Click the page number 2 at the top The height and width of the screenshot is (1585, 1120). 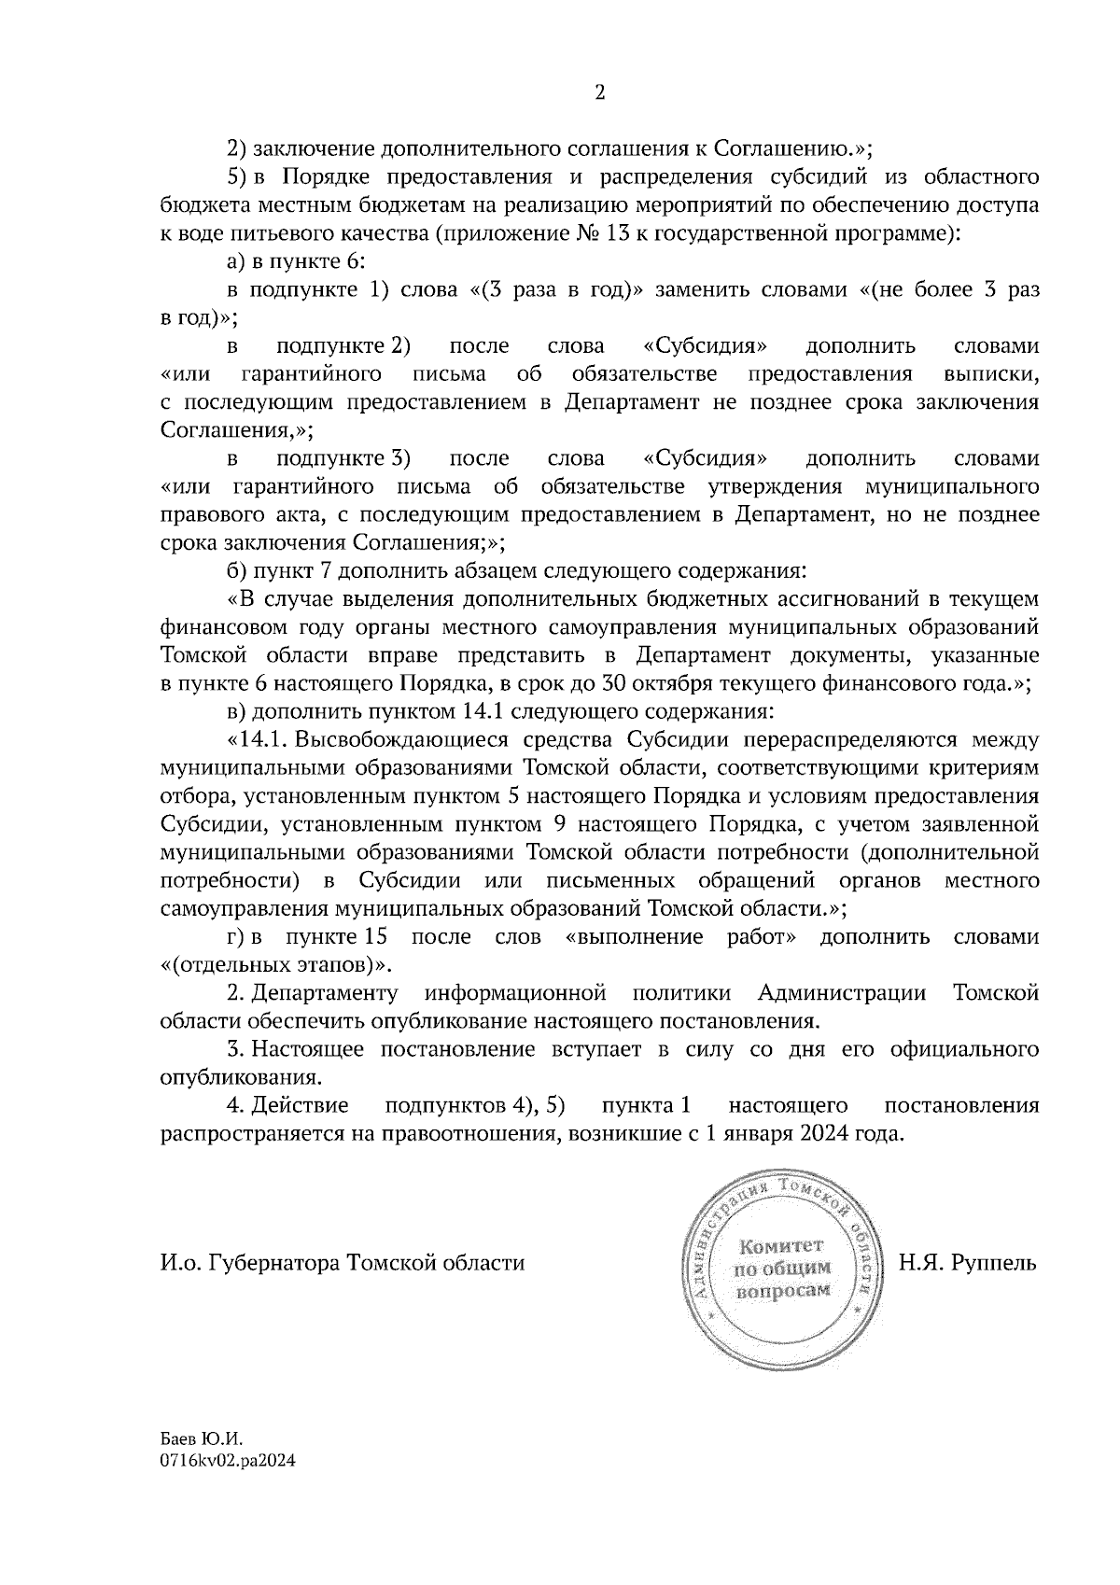(599, 92)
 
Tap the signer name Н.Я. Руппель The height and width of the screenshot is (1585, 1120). (967, 1264)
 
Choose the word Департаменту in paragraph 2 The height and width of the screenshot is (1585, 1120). (326, 993)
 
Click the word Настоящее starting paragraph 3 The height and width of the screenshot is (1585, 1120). (305, 1049)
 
